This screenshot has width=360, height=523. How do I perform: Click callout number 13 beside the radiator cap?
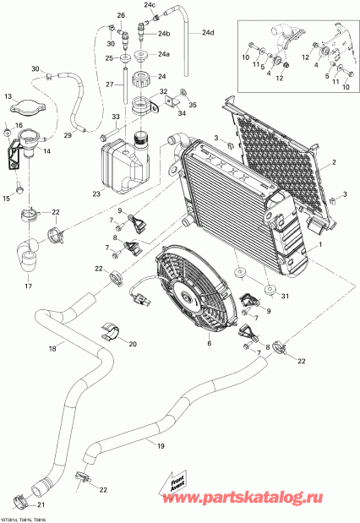pyautogui.click(x=9, y=96)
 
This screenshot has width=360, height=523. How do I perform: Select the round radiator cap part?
pyautogui.click(x=29, y=107)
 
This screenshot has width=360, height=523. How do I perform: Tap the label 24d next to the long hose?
pyautogui.click(x=208, y=34)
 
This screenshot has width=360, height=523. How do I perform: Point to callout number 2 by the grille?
pyautogui.click(x=335, y=162)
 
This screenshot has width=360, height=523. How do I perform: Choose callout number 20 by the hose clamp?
pyautogui.click(x=132, y=344)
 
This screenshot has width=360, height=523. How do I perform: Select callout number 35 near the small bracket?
pyautogui.click(x=192, y=106)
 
